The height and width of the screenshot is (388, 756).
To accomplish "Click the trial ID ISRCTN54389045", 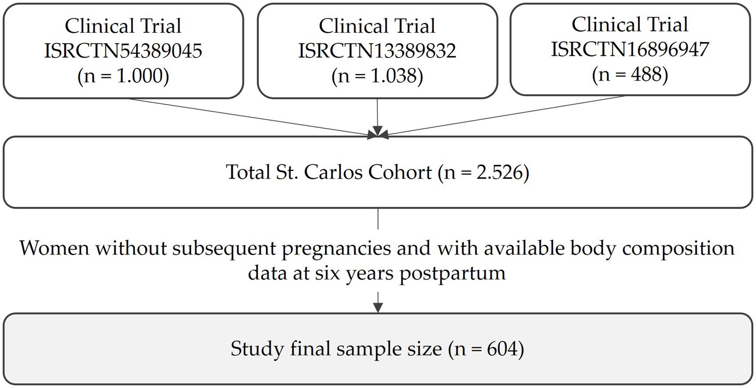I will coord(123,51).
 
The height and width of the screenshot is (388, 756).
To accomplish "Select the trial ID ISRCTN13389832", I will coord(377,51).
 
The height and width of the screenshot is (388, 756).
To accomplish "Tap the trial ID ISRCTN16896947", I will coord(630,49).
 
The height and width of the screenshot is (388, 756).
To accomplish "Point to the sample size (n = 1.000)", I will coord(123,76).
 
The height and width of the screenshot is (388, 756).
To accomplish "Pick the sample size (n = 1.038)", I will coord(377,76).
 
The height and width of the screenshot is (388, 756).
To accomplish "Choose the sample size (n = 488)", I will coord(630,74).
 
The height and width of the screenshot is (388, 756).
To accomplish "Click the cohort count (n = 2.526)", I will coord(484,172).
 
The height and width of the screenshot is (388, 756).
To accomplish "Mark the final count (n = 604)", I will coord(486,349).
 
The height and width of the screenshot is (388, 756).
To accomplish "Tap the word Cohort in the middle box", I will coord(400,172).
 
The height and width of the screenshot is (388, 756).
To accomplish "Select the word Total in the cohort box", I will coord(248,172).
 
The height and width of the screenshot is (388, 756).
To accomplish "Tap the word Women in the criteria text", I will coord(54,249).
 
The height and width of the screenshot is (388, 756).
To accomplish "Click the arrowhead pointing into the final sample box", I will coord(378,308).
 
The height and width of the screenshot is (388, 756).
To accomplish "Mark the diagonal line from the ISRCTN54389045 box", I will coord(252,116).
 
